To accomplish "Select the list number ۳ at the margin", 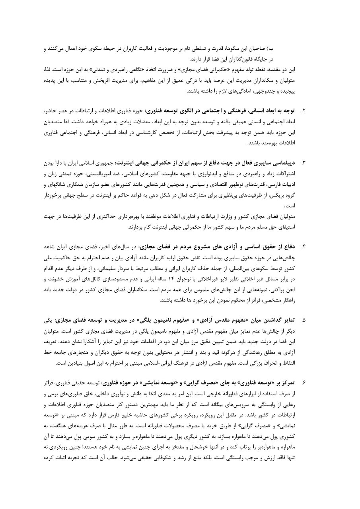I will point(304,163).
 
